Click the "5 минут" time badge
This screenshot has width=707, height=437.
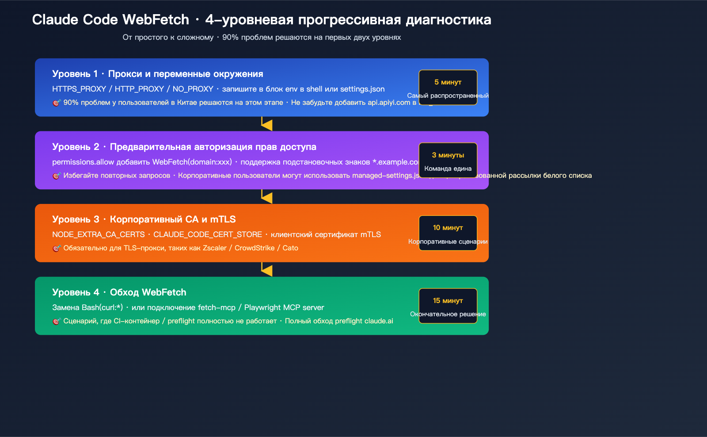448,82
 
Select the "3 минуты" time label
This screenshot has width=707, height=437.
448,155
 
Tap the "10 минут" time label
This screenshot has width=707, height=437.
448,228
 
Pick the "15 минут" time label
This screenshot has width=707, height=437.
448,301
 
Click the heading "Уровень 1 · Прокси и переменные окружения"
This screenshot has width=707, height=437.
157,74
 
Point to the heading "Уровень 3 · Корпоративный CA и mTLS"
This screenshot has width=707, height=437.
144,219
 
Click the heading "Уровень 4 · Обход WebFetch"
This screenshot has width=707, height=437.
119,292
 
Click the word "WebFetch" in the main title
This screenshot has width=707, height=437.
156,20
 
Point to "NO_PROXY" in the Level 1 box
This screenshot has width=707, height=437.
193,89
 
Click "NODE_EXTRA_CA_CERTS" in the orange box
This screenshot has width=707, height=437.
98,234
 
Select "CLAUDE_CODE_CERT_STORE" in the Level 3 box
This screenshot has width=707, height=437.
207,234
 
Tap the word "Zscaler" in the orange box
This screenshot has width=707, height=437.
214,248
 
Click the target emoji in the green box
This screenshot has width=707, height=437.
56,321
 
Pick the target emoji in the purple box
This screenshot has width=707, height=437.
56,176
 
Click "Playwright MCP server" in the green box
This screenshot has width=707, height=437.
284,307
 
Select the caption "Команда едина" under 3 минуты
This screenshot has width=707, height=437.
448,169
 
